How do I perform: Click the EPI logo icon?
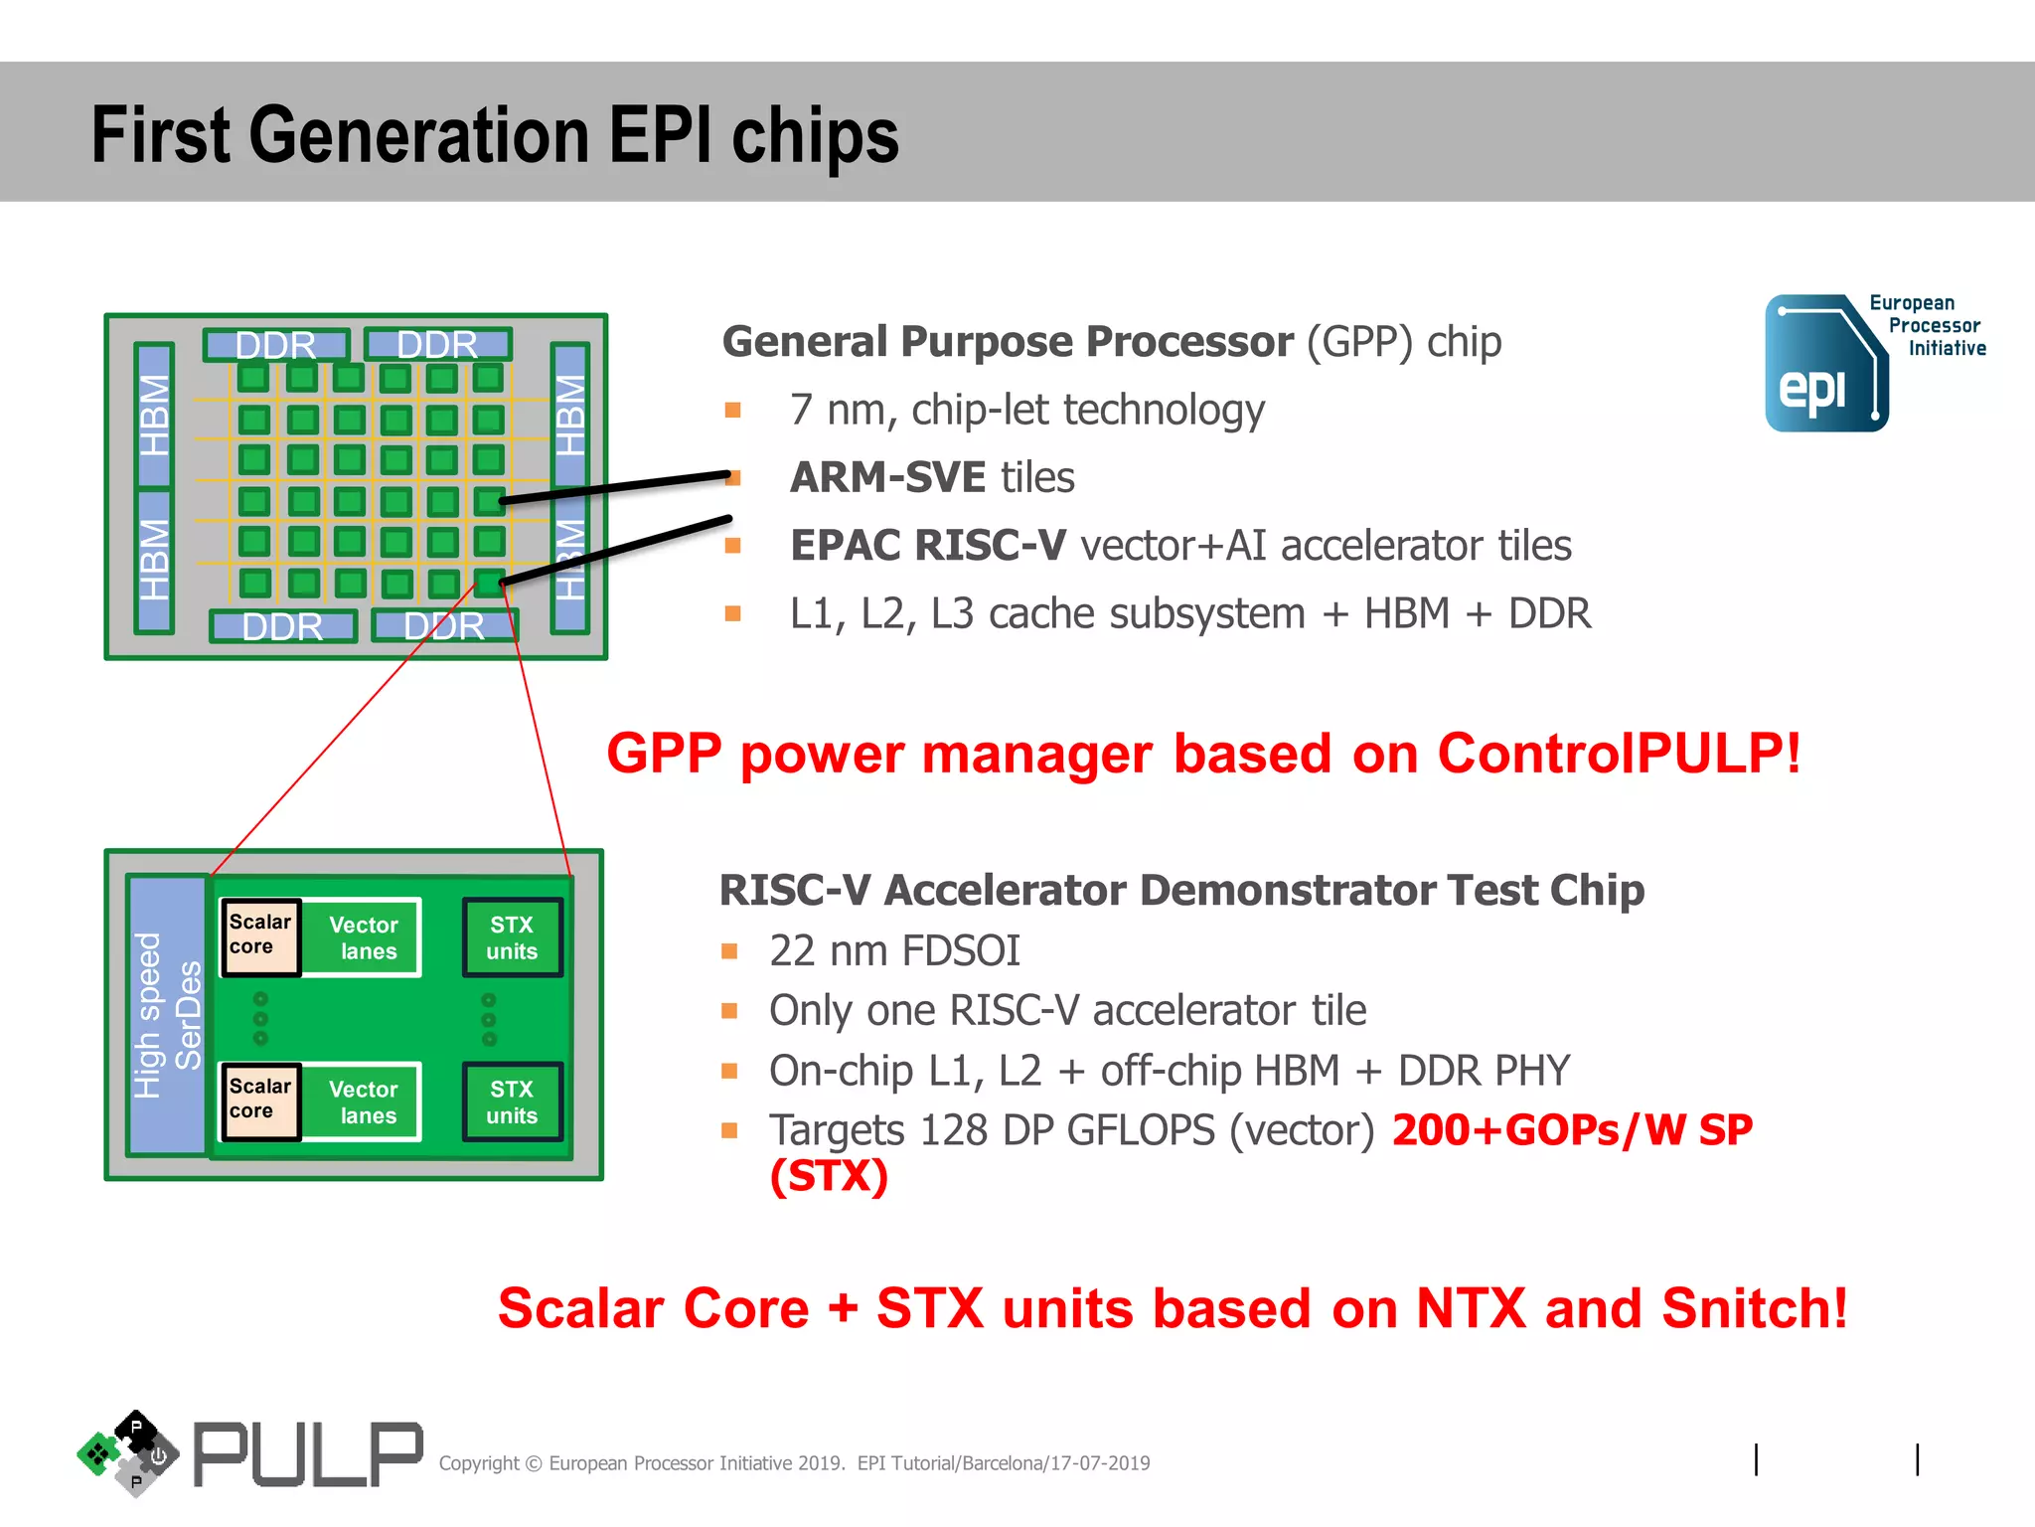pos(1825,364)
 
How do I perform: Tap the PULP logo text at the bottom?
pos(307,1455)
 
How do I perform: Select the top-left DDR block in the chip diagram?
pos(276,345)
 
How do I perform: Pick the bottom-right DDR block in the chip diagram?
pos(444,626)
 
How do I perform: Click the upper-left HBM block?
pos(154,415)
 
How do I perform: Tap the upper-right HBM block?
pos(570,415)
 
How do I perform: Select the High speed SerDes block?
pos(167,1015)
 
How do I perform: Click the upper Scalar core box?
pos(260,935)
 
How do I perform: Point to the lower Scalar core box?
pos(260,1100)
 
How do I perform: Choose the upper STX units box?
pos(512,937)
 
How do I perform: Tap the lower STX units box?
pos(512,1102)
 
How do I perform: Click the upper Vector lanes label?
pos(364,937)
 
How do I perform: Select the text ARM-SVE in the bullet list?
pos(887,478)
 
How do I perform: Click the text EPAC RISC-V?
pos(927,546)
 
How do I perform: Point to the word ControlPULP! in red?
pos(1618,753)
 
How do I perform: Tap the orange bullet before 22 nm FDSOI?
pos(729,951)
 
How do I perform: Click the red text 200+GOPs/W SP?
pos(1572,1130)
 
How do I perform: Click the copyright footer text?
pos(794,1463)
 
